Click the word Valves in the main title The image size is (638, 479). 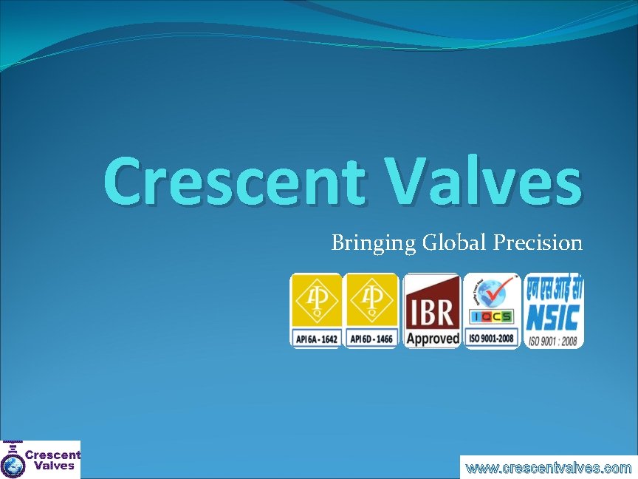click(x=481, y=182)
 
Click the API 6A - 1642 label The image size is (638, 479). click(x=316, y=339)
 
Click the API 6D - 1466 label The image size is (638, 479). click(x=371, y=339)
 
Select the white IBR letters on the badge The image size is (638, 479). click(x=431, y=311)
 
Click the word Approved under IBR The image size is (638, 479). click(x=432, y=339)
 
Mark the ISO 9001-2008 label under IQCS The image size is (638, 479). click(x=493, y=339)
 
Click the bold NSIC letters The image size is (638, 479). click(x=554, y=318)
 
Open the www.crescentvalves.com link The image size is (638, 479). click(x=549, y=468)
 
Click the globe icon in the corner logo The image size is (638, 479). click(x=12, y=466)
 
